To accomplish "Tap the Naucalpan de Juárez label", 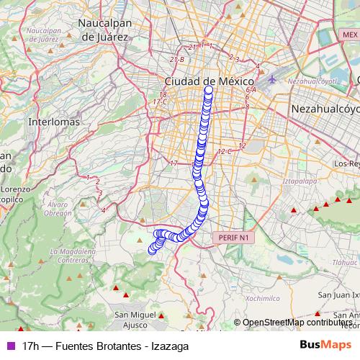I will [x=107, y=29].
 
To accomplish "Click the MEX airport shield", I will [x=350, y=35].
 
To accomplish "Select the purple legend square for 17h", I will [x=9, y=346].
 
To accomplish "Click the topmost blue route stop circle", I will [x=210, y=91].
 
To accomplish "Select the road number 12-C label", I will [x=224, y=151].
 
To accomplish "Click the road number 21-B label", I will [x=177, y=59].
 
